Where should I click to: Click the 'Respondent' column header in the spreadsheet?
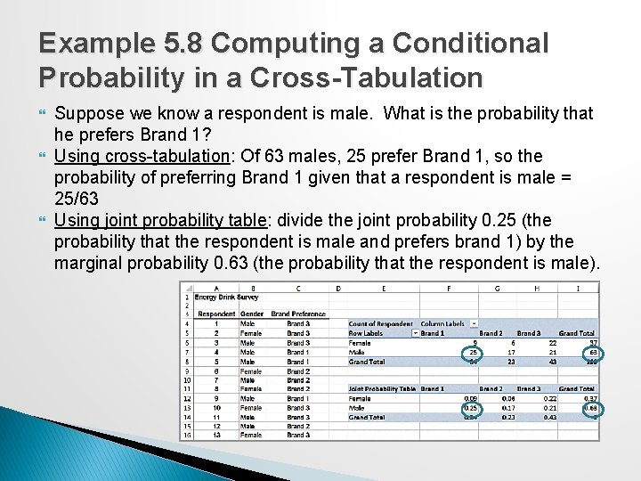click(x=216, y=314)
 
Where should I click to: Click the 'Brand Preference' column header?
click(x=298, y=314)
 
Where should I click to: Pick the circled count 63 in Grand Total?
click(x=593, y=352)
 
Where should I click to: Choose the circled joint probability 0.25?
click(x=471, y=407)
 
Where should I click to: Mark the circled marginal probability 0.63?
click(x=591, y=407)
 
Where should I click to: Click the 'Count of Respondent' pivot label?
click(x=380, y=324)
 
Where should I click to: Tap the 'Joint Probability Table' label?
click(x=382, y=388)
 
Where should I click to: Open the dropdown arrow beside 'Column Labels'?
click(x=474, y=324)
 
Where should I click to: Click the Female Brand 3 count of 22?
click(x=553, y=342)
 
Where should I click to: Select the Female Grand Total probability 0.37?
click(x=591, y=398)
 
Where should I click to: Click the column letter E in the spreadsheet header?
click(x=383, y=288)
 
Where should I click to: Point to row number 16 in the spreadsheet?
click(x=186, y=435)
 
